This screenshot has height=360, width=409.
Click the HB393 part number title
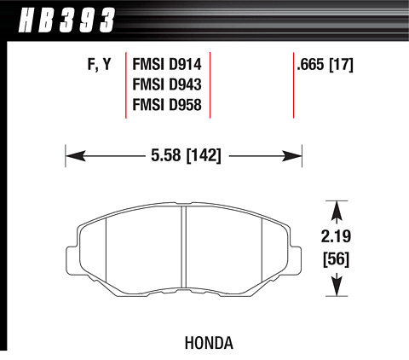[66, 20]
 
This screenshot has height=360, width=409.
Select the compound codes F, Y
[99, 65]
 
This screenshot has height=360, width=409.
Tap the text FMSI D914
[167, 64]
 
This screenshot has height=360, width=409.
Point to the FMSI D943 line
[167, 84]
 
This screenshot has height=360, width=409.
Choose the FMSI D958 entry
[167, 105]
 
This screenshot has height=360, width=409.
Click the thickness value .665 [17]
[325, 65]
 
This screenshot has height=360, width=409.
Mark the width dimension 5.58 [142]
[186, 156]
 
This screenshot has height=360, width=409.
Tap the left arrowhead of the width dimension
[76, 156]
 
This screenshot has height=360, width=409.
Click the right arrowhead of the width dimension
[292, 156]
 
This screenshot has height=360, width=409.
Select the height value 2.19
[336, 236]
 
